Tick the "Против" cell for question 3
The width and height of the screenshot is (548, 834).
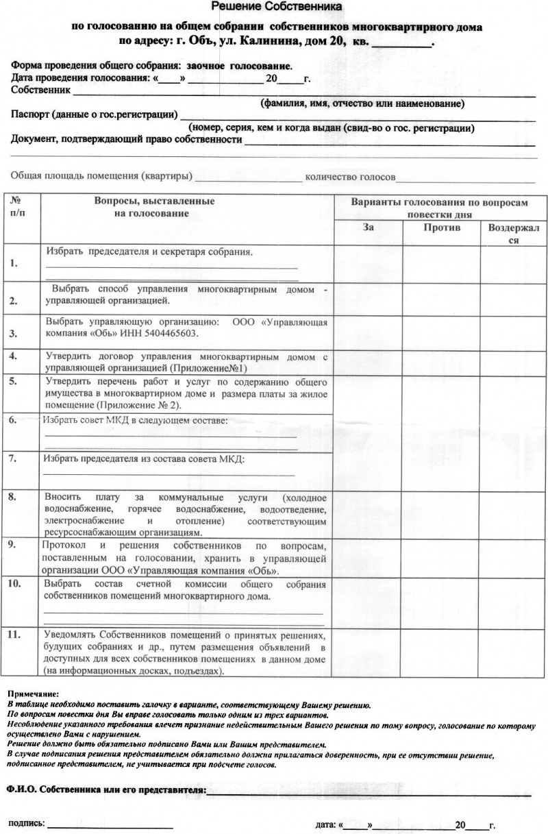(440, 332)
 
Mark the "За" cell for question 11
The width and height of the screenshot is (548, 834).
(368, 653)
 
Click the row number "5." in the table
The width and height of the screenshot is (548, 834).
(14, 382)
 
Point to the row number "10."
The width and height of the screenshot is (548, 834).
(16, 584)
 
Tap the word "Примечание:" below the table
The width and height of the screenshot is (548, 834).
(33, 694)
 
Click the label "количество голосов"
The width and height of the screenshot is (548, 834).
(350, 177)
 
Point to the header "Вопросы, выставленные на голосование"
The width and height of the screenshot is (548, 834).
(154, 207)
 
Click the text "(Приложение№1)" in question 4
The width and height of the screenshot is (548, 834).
(213, 367)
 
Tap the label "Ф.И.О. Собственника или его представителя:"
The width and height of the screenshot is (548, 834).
(106, 789)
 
